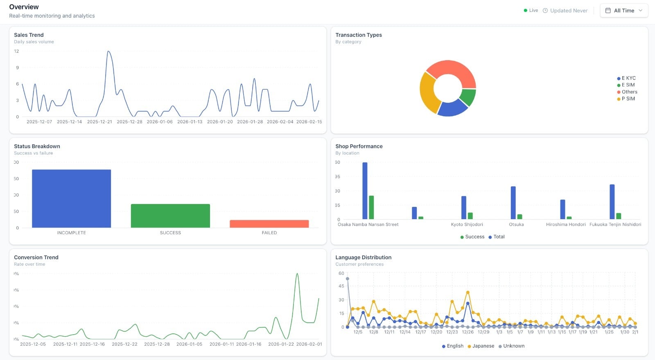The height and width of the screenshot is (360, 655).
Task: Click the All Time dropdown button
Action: (x=623, y=11)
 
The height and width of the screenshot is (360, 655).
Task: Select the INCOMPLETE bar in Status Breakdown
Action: (x=71, y=199)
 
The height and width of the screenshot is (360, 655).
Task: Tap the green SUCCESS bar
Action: (x=170, y=216)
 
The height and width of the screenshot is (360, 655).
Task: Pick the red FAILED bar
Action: (x=269, y=224)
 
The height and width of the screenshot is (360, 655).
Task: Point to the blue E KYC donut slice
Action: (x=452, y=108)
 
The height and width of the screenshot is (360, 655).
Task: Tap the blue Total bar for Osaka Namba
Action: (x=365, y=190)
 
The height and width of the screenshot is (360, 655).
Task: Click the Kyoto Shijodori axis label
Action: (x=467, y=224)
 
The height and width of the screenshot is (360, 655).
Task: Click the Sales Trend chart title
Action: (x=29, y=35)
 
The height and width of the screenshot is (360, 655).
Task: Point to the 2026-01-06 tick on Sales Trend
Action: (x=160, y=122)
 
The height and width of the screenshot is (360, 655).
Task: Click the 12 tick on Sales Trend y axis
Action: (x=16, y=51)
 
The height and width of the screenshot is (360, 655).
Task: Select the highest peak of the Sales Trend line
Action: (x=108, y=52)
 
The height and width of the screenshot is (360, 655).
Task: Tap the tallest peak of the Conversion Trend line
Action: (x=297, y=274)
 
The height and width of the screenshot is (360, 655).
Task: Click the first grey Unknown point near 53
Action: (x=348, y=279)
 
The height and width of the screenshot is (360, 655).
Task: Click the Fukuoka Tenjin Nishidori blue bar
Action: (x=612, y=202)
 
